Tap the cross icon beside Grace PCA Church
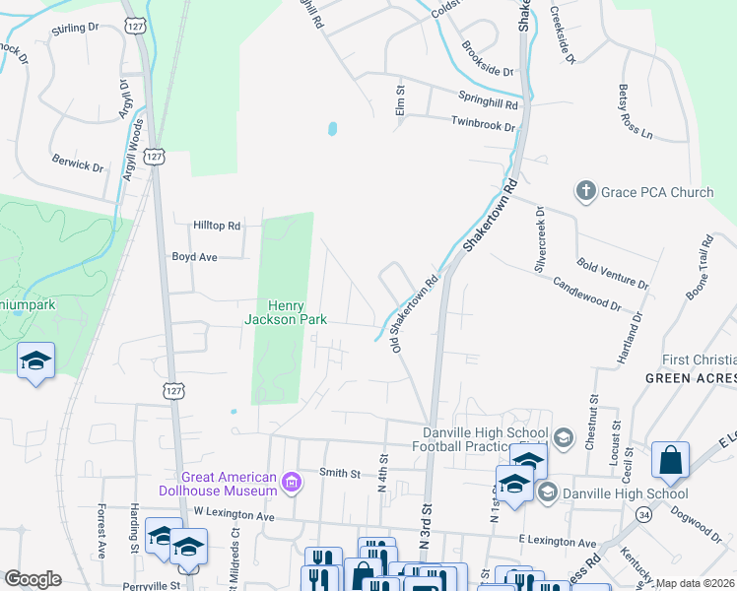[585, 191]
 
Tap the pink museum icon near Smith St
[292, 483]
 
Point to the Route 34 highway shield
[643, 513]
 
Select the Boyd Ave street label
[194, 256]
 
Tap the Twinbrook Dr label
[483, 126]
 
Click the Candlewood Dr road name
[586, 293]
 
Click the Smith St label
[340, 473]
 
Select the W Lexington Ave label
[234, 513]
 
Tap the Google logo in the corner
[33, 579]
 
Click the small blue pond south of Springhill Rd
[332, 128]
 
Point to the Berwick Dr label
[78, 164]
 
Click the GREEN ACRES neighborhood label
[691, 378]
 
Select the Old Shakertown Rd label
[415, 315]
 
